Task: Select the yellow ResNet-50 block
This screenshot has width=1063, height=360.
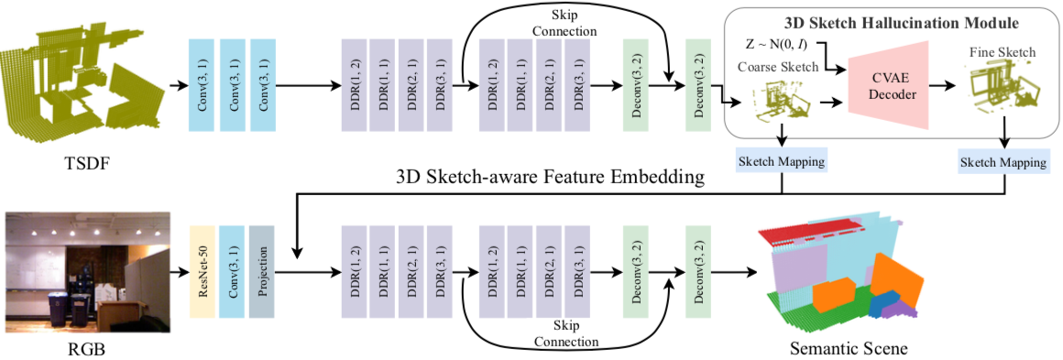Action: tap(202, 271)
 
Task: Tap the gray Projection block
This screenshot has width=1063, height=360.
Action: tap(262, 271)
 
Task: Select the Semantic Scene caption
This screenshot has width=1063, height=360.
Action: tap(849, 349)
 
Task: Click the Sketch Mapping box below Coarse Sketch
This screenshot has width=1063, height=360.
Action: tap(781, 162)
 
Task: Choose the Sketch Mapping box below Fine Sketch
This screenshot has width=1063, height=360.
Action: tap(1003, 162)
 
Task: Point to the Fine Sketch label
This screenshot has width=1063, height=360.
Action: tap(1002, 52)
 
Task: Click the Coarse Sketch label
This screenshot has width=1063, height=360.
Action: tap(775, 66)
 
